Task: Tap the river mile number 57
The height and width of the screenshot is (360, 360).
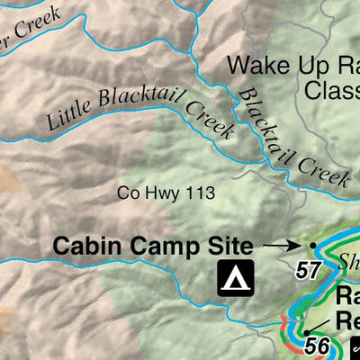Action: [309, 269]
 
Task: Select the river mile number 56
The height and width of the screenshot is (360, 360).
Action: [316, 345]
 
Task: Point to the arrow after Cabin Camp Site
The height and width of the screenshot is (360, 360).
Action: [282, 244]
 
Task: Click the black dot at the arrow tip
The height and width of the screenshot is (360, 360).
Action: [312, 244]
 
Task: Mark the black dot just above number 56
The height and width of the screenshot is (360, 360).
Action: [307, 330]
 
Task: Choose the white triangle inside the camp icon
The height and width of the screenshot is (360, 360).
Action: [236, 279]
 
